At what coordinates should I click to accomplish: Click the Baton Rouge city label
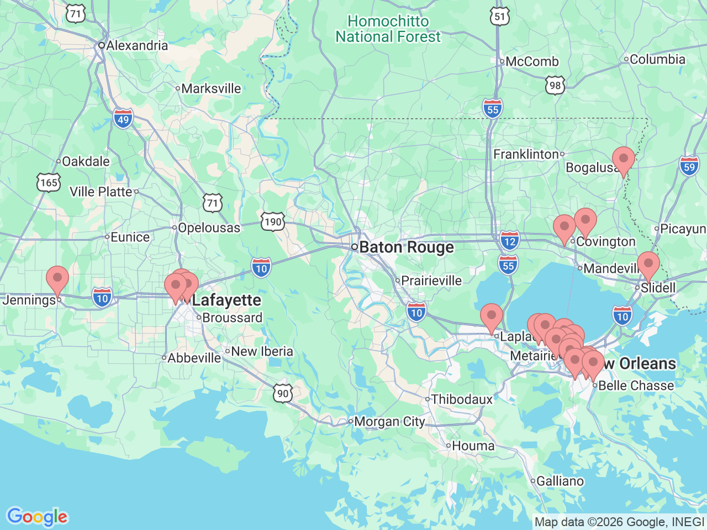click(406, 247)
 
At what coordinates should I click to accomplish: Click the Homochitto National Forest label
click(388, 29)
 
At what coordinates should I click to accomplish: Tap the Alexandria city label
click(136, 45)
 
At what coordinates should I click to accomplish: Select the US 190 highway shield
click(273, 222)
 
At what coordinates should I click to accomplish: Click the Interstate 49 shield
click(123, 119)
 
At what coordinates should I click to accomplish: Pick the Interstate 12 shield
click(509, 241)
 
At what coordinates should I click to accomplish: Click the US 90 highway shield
click(283, 393)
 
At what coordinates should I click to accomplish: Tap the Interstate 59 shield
click(689, 166)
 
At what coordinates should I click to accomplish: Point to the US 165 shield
click(49, 182)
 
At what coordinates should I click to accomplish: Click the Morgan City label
click(389, 422)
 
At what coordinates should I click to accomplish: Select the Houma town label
click(473, 446)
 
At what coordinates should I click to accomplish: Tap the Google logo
click(37, 517)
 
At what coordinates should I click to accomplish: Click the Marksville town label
click(210, 88)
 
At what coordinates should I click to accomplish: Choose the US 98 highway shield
click(555, 85)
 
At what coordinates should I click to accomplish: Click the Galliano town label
click(560, 481)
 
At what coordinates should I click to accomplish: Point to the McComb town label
click(531, 62)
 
